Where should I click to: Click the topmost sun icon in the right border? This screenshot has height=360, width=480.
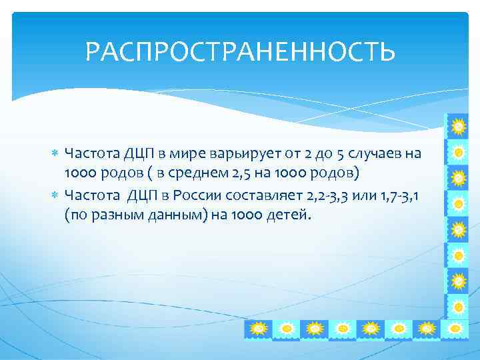click(x=458, y=126)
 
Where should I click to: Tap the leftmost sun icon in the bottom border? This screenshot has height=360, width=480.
click(x=259, y=329)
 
